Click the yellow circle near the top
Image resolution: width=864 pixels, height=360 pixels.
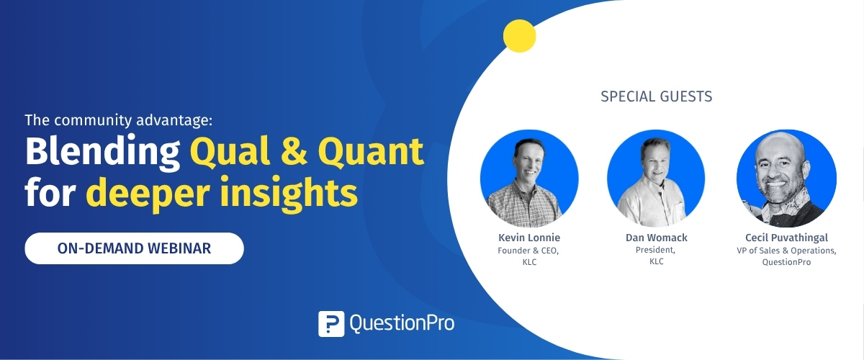click(519, 36)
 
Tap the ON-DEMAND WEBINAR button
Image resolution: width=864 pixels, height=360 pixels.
click(134, 248)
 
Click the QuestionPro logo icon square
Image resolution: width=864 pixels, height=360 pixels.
click(331, 324)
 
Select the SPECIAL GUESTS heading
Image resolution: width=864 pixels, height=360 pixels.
click(656, 96)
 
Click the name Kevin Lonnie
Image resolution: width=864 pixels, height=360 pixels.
click(528, 238)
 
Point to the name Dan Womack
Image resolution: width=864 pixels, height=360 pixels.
click(656, 238)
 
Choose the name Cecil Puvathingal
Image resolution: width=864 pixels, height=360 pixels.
click(786, 238)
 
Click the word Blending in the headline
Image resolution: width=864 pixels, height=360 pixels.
click(102, 152)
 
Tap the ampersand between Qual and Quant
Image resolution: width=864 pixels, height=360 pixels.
click(294, 152)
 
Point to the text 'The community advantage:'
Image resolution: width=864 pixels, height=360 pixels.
click(119, 120)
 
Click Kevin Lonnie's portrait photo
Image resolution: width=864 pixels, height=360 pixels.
click(529, 179)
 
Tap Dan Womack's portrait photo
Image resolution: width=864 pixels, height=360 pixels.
click(656, 179)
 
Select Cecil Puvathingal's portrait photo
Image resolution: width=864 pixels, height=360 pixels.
click(786, 179)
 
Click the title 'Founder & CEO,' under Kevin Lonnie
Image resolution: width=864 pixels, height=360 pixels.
click(528, 251)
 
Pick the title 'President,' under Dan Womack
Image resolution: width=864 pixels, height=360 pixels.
click(655, 250)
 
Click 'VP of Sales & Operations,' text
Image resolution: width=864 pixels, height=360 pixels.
click(786, 251)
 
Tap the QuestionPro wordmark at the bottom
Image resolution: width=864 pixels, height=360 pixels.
click(402, 323)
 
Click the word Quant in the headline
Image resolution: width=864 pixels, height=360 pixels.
click(371, 152)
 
